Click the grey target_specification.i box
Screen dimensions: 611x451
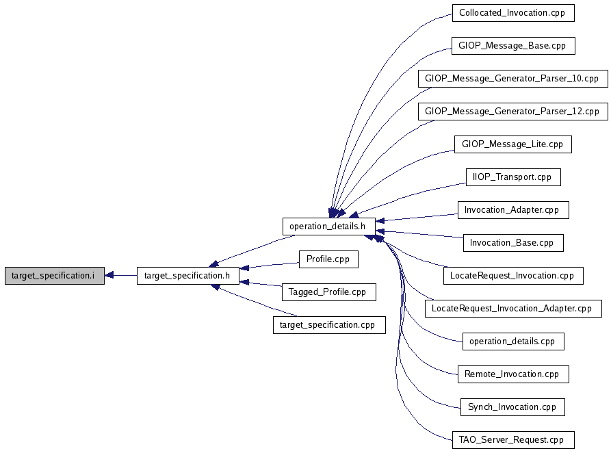[55, 276]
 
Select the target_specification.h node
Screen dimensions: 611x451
[188, 276]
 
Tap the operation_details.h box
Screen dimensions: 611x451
[329, 227]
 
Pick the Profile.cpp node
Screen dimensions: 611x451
[328, 259]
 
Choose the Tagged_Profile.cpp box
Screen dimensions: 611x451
[328, 292]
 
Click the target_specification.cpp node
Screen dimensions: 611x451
[329, 324]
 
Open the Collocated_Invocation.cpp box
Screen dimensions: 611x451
[513, 13]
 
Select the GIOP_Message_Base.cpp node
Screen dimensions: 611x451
[513, 46]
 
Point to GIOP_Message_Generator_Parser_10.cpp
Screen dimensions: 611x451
[513, 78]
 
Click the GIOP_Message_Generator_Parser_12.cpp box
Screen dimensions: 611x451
[513, 112]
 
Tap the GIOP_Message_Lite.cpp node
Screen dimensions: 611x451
[512, 144]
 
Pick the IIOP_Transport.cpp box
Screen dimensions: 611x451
[513, 177]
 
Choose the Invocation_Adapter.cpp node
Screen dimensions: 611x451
[513, 209]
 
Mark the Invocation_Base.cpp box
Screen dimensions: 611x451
[513, 243]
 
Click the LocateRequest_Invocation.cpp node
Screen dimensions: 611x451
[513, 276]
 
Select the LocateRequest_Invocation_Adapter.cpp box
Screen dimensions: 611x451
[513, 309]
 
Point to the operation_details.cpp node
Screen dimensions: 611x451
[513, 342]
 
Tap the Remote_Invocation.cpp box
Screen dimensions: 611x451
[513, 374]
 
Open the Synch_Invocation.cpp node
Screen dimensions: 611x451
[512, 407]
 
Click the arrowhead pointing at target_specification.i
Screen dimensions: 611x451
[109, 276]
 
